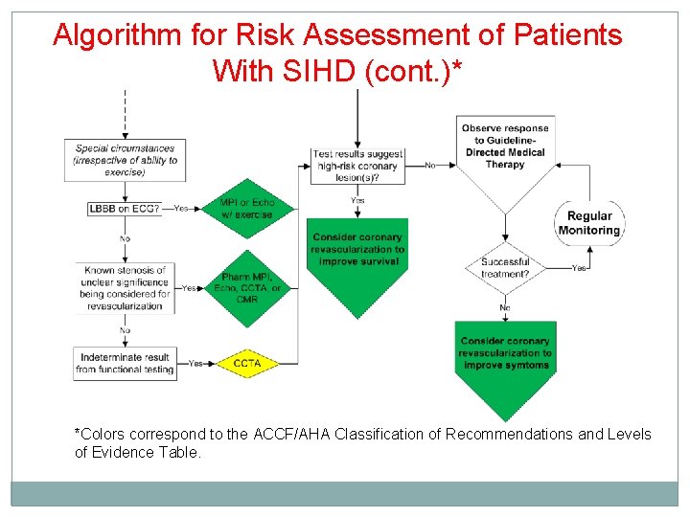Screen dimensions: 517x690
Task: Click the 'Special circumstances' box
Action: click(x=125, y=160)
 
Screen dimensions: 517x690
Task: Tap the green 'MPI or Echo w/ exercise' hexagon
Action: click(x=247, y=209)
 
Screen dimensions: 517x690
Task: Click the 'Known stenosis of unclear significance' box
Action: click(x=125, y=288)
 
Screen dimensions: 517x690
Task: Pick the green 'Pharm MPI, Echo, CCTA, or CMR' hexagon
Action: click(x=248, y=288)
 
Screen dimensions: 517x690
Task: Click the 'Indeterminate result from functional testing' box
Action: click(x=125, y=363)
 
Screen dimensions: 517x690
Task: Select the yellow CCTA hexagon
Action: click(x=247, y=364)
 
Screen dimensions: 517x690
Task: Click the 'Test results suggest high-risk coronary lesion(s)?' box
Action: click(x=357, y=165)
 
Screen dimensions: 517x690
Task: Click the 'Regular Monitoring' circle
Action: click(x=588, y=223)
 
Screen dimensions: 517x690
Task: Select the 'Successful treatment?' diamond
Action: click(x=505, y=268)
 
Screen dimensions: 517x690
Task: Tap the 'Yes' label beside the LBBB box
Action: click(x=181, y=208)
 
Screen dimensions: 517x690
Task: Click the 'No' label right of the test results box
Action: click(x=430, y=165)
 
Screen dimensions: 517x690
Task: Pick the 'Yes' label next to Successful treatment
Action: click(x=579, y=268)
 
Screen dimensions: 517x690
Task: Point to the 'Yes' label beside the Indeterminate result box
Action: click(x=195, y=364)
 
